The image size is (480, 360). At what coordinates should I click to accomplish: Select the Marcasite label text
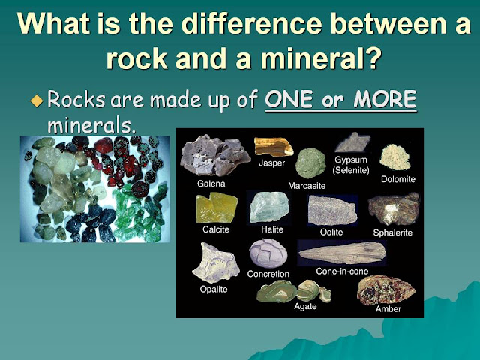(x=308, y=185)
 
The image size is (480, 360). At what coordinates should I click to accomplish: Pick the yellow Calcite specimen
(x=216, y=208)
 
